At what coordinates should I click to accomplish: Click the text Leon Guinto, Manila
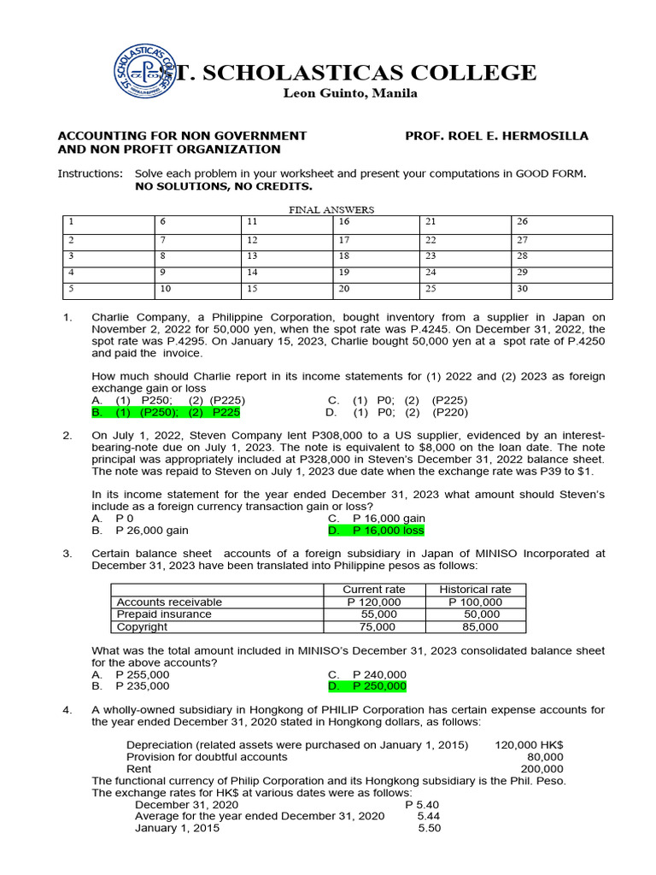tap(350, 93)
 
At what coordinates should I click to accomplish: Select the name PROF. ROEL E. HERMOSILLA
tap(496, 136)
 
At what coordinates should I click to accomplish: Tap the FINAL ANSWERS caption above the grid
tap(331, 209)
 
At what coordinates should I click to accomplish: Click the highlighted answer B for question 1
tap(166, 412)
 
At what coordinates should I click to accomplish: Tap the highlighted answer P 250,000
tap(367, 686)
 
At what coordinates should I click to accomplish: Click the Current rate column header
tap(373, 590)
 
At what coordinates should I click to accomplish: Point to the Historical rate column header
tap(475, 590)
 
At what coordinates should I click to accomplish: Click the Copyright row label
tap(143, 626)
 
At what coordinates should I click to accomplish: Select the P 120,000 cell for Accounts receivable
tap(373, 602)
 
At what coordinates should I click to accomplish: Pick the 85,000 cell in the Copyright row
tap(475, 626)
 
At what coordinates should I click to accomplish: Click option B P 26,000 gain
tap(140, 531)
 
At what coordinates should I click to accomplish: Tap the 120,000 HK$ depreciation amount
tap(529, 744)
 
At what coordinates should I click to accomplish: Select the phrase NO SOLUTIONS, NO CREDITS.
tap(224, 185)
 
